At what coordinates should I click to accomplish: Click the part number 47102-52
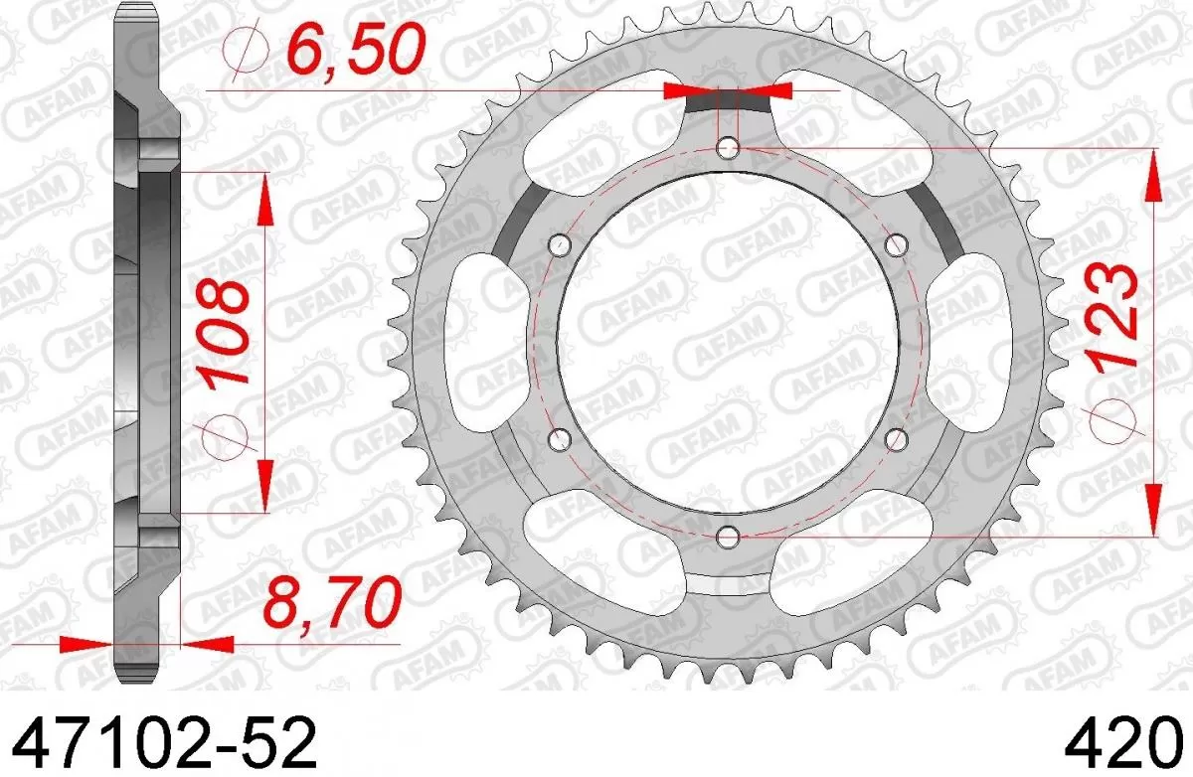coord(159,740)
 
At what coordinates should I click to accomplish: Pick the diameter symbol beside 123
coord(1113,422)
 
